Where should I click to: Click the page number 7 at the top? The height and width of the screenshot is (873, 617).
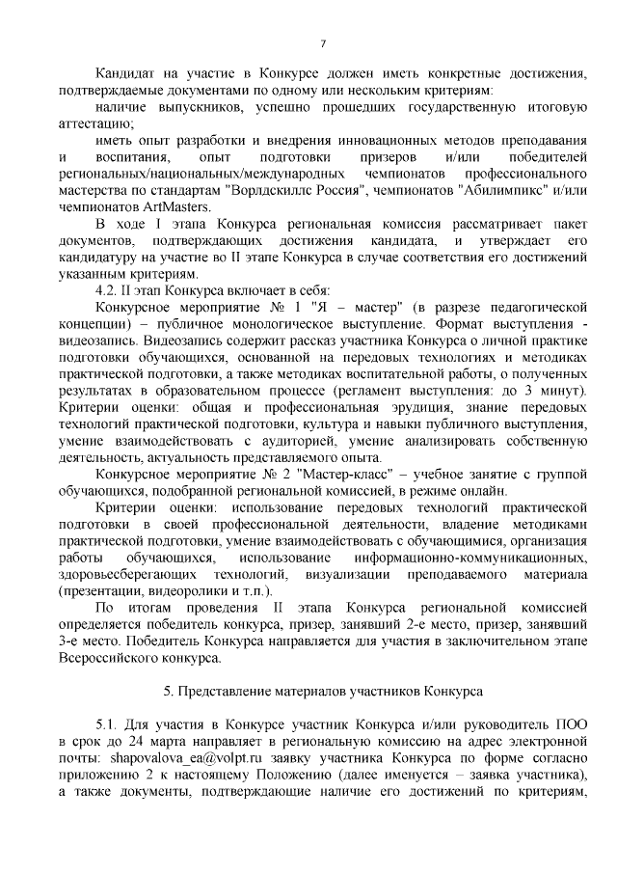click(323, 42)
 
